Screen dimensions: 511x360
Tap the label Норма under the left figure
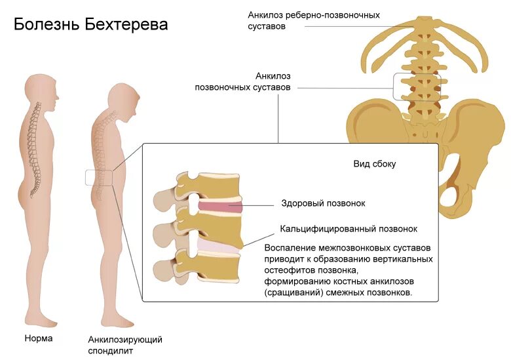click(x=38, y=339)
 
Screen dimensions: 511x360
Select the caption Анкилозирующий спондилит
click(x=125, y=345)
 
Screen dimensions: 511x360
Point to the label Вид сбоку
click(x=374, y=164)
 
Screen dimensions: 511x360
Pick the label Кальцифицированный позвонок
click(x=349, y=229)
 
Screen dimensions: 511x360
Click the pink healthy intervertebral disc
click(x=220, y=209)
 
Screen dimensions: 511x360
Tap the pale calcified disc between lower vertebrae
click(x=216, y=247)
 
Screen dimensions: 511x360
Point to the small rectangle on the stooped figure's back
click(x=99, y=177)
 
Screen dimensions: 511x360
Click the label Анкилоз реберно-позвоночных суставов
click(x=313, y=20)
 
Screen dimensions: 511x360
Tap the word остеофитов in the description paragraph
click(x=286, y=270)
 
